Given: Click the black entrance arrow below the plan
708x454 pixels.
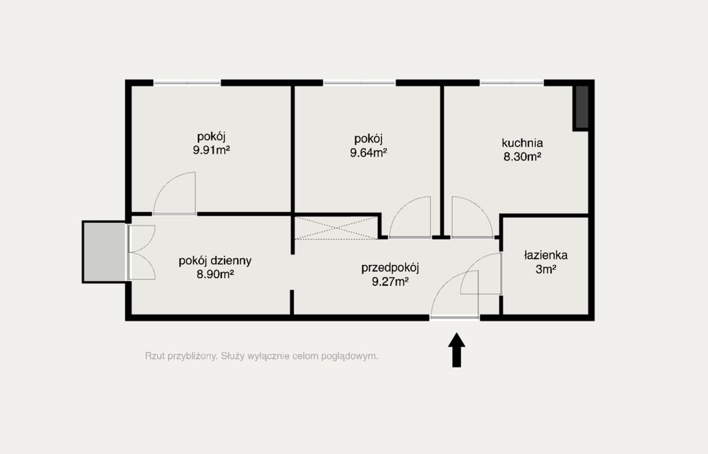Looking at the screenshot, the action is [456, 349].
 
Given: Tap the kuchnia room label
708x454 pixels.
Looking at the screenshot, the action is [523, 143].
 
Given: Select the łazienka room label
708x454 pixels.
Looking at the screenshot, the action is [546, 255].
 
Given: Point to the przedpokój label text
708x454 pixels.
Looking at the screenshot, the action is [390, 268].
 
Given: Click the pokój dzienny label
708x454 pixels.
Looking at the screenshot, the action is [215, 261].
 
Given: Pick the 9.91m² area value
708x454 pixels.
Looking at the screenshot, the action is [212, 150].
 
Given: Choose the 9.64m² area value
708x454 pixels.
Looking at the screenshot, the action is [369, 152].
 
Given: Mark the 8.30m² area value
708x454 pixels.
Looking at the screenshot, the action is [523, 157].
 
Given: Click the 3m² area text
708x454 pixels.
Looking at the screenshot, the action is [546, 269].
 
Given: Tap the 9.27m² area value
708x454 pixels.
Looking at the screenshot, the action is [390, 282].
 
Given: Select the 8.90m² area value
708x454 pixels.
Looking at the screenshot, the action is [215, 275].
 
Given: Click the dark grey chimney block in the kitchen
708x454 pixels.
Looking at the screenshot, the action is [581, 107].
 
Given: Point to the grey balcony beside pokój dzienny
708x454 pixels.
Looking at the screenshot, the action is [104, 252].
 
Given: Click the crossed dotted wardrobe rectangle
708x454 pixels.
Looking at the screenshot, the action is [336, 228].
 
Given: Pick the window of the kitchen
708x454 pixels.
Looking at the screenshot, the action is [512, 83].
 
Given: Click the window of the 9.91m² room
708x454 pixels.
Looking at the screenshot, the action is [187, 83].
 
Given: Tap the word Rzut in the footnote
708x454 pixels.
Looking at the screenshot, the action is [155, 356].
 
